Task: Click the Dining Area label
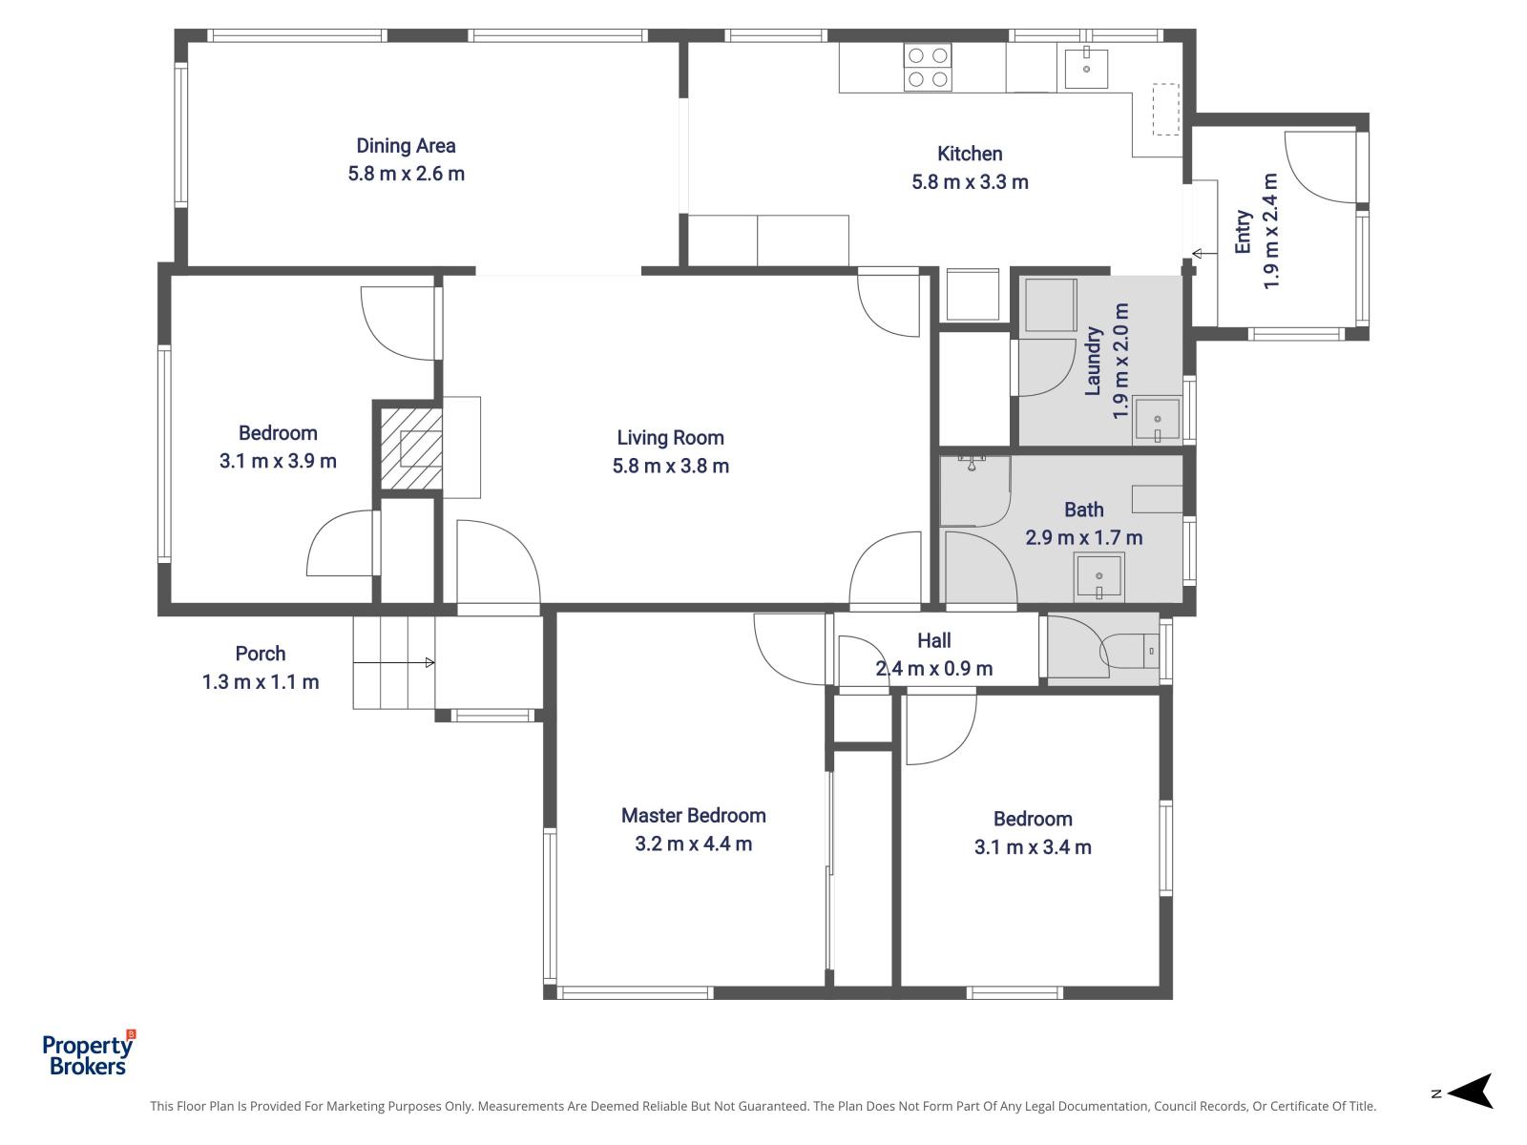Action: coord(406,146)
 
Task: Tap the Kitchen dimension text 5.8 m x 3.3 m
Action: coord(970,182)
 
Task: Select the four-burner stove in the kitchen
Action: coord(928,67)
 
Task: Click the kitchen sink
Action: coord(1086,68)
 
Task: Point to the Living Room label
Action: coord(670,438)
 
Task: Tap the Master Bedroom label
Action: coord(693,816)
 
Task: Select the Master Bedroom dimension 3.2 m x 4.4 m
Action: coord(693,844)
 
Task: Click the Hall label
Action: coord(933,640)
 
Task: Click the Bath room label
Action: coord(1083,510)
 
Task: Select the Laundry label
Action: coord(1093,361)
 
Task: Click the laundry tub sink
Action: coord(1157,419)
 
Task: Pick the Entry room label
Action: coord(1244,232)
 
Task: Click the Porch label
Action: coord(261,654)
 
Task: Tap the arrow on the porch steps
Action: coord(394,662)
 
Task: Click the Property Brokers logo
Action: coord(89,1053)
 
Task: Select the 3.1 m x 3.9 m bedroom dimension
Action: coord(278,461)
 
